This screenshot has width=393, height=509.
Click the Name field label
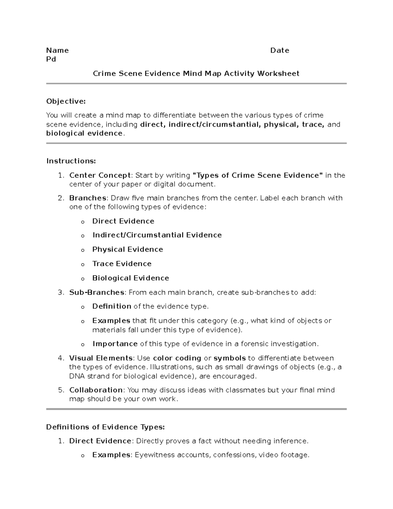pos(57,50)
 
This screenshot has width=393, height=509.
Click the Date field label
pos(279,50)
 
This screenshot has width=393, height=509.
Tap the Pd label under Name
pos(51,59)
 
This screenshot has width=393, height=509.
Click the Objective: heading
pos(66,102)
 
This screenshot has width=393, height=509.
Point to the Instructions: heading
pos(71,161)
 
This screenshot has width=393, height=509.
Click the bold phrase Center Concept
pos(100,175)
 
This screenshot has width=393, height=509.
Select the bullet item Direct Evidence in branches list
pos(123,221)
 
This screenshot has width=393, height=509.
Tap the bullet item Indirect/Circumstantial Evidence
pos(157,235)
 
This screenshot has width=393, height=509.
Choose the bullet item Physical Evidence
pos(127,249)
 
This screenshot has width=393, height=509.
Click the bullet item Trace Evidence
pos(122,264)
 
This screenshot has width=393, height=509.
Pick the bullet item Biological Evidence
pos(131,278)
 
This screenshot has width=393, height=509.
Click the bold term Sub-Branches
pos(97,292)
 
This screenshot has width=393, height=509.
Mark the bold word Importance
pos(115,344)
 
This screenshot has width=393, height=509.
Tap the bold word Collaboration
pos(96,390)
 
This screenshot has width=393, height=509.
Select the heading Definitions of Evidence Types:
pos(105,427)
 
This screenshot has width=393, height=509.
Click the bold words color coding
pos(177,358)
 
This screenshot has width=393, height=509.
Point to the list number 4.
pos(61,358)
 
